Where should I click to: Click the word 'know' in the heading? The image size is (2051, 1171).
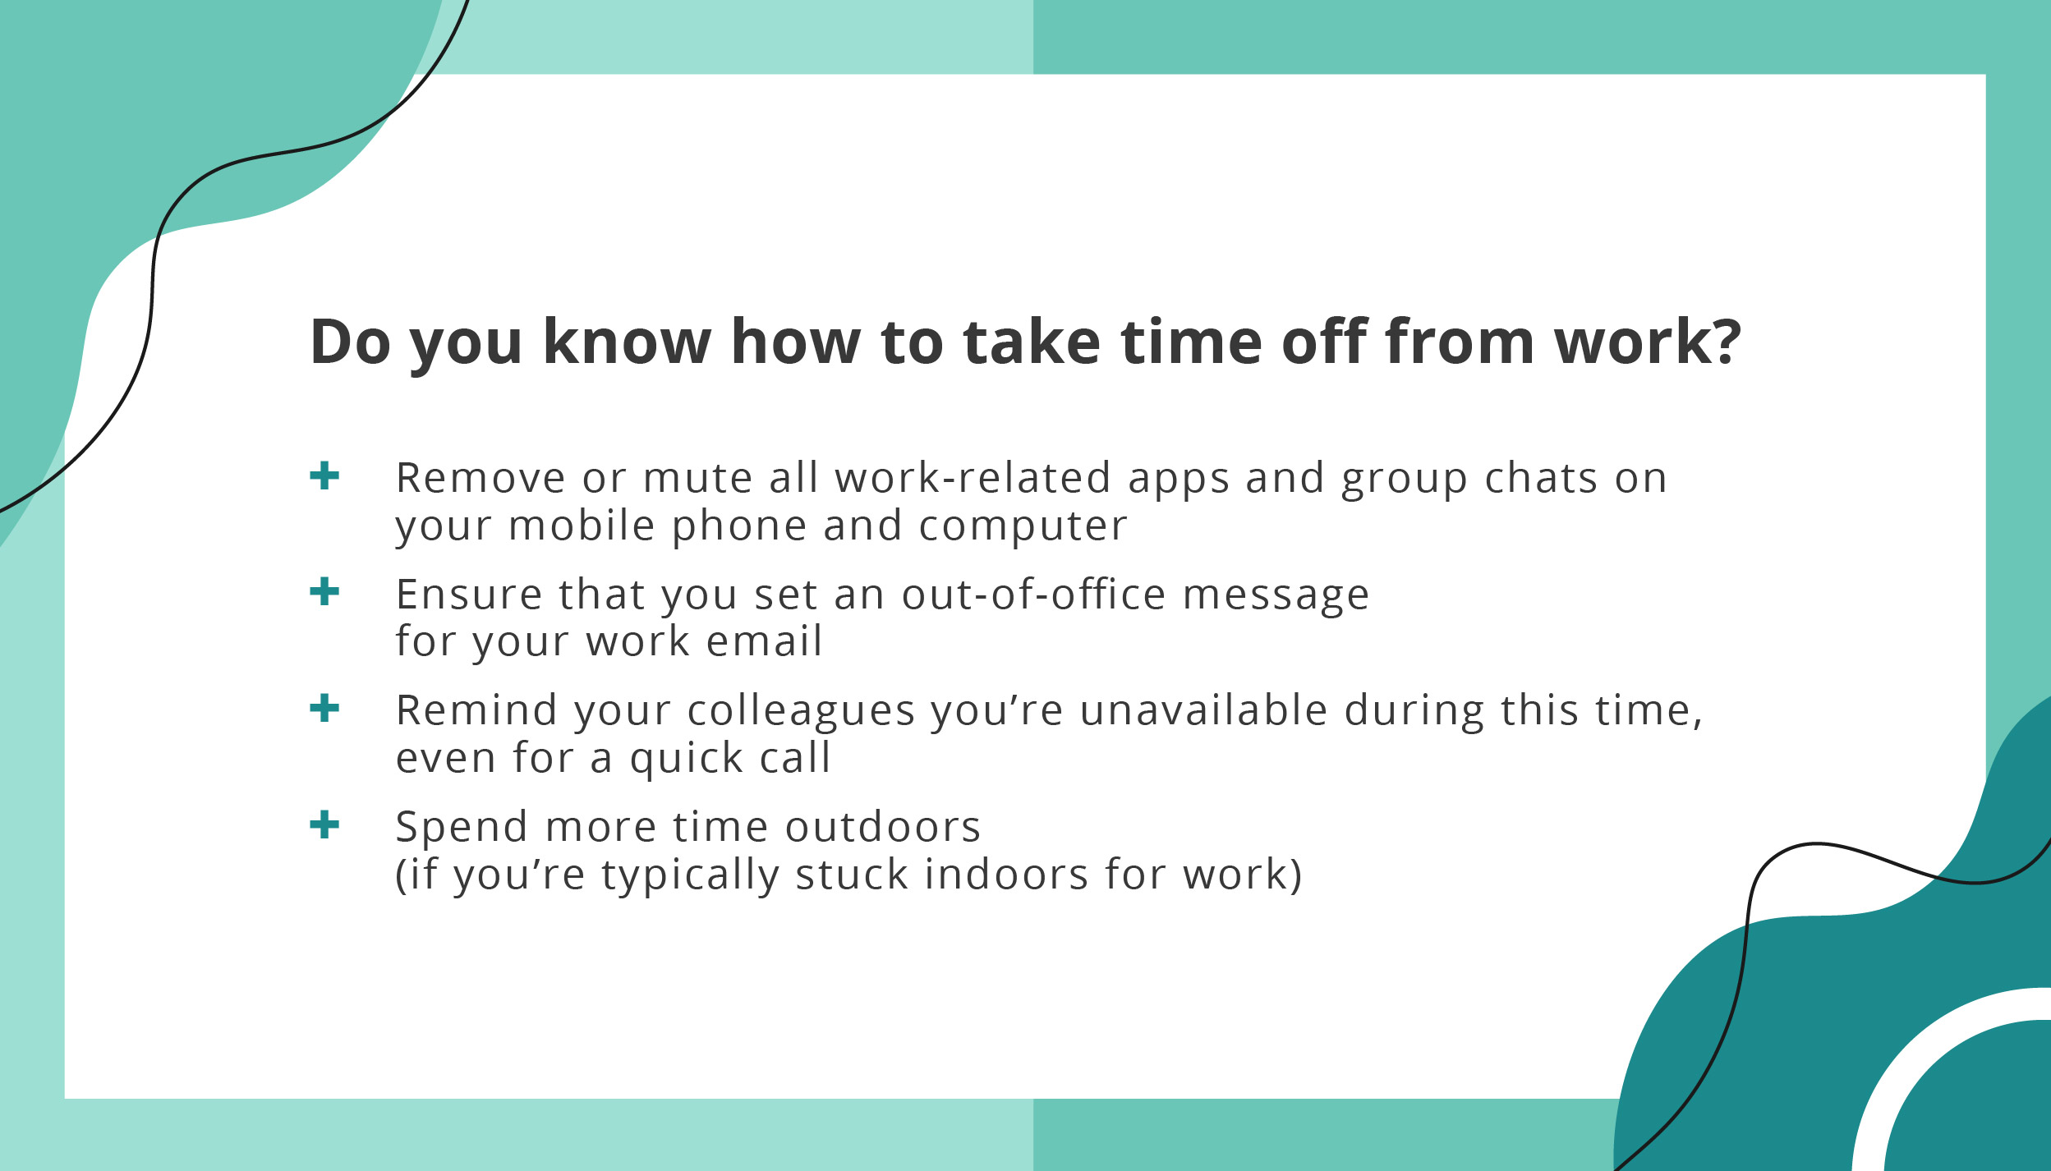(x=627, y=342)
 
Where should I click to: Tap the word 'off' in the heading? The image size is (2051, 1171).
(x=1325, y=342)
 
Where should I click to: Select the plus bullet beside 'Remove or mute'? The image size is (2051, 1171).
(x=324, y=475)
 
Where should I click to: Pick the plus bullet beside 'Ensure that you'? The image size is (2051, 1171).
(x=324, y=591)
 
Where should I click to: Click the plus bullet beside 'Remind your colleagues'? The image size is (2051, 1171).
(x=324, y=708)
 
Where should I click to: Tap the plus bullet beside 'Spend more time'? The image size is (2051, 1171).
(x=324, y=824)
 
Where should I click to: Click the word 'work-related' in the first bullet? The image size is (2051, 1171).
(x=973, y=478)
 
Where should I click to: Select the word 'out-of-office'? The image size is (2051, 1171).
(x=1033, y=595)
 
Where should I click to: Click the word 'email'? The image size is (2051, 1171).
(x=764, y=641)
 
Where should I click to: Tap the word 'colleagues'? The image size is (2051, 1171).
(x=800, y=711)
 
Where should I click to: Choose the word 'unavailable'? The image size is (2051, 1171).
(x=1203, y=710)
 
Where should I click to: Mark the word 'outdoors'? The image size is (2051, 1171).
(x=883, y=827)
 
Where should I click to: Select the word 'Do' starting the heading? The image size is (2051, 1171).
(x=350, y=342)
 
